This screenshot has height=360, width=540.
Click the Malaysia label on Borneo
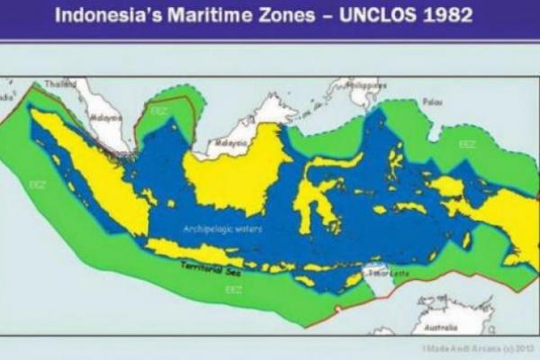(231, 142)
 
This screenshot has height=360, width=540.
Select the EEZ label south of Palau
(467, 143)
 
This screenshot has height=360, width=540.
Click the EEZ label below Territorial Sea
(233, 290)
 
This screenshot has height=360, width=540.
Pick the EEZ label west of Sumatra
(37, 184)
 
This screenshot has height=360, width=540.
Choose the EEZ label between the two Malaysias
(158, 111)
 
